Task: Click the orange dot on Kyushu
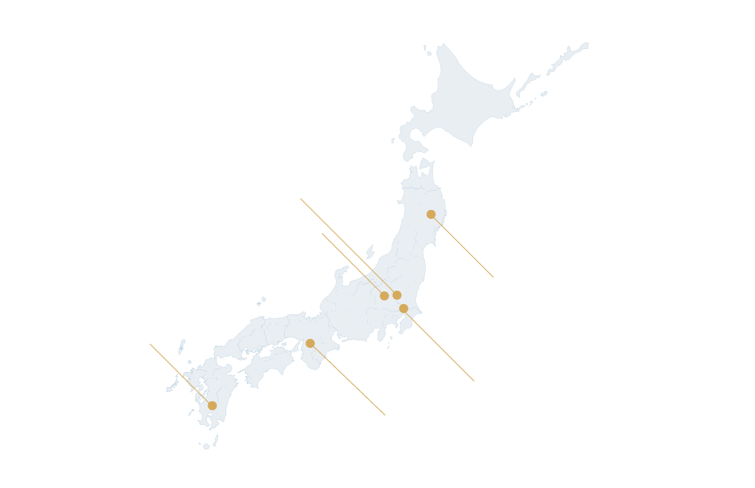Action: tap(212, 406)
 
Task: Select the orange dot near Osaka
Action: tap(310, 343)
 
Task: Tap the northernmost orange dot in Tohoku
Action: tap(431, 214)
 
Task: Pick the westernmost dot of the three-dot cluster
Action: tap(384, 296)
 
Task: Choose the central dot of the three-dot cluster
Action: tap(397, 295)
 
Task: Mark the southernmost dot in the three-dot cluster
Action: tap(403, 309)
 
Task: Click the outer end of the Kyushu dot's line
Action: tap(150, 344)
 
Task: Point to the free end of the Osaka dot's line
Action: tap(385, 415)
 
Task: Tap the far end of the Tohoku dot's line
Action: tap(493, 277)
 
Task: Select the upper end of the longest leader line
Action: tap(300, 199)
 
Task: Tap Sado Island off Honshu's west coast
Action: tap(370, 252)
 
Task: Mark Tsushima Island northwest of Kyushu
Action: tap(181, 346)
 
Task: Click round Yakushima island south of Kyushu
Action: tap(205, 446)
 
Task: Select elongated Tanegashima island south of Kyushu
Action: tap(216, 440)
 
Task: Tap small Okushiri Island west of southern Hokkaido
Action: tap(393, 140)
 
